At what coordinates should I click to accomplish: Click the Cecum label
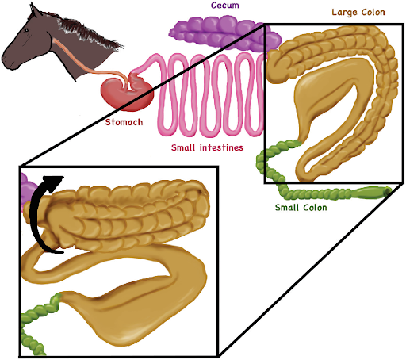(x=225, y=5)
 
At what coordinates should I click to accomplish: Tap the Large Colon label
(x=358, y=12)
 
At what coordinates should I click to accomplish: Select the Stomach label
(x=124, y=122)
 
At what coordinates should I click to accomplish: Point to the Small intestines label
(x=207, y=147)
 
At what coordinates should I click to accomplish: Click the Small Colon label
(x=301, y=208)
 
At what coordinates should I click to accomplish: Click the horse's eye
(x=26, y=31)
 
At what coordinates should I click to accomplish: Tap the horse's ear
(x=34, y=10)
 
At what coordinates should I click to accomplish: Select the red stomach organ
(x=126, y=93)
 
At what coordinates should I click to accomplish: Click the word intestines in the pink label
(x=221, y=147)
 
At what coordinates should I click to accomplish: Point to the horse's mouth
(x=10, y=67)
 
